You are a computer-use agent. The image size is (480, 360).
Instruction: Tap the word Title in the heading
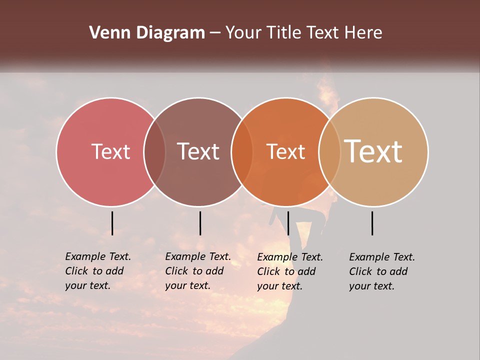pos(284,33)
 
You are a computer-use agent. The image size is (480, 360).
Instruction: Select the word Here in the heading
pos(363,33)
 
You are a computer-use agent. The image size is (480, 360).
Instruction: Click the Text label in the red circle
pos(110,151)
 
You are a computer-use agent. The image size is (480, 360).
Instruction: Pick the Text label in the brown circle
pos(198,151)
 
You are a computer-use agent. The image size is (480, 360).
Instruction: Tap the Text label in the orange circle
pos(285,151)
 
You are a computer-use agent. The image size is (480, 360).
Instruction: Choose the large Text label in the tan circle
pos(373,151)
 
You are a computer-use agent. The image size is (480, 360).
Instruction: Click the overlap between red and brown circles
pos(154,152)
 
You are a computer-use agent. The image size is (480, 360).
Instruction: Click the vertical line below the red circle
pos(112,223)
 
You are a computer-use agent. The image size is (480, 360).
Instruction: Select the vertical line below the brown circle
pos(200,223)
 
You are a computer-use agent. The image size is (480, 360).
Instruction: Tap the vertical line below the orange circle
pos(288,223)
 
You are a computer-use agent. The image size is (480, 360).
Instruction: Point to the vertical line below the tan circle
pos(372,223)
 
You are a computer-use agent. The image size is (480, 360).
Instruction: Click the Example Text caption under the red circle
pos(97,271)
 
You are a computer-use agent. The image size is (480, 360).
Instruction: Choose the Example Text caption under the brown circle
pos(197,271)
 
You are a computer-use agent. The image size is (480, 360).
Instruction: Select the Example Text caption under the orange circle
pos(289,271)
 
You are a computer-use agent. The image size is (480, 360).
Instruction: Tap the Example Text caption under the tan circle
pos(381,271)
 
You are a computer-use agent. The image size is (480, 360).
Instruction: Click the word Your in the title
pos(243,33)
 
